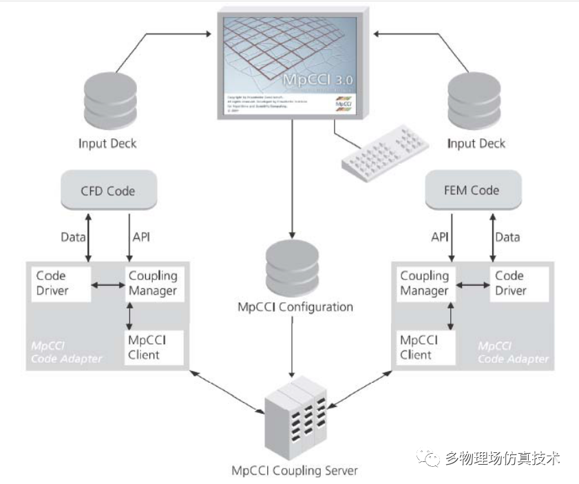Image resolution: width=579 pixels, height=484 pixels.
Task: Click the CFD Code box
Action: pos(108,190)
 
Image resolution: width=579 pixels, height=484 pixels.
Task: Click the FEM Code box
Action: pos(472,190)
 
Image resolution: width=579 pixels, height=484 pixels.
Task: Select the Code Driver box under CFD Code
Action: pos(60,283)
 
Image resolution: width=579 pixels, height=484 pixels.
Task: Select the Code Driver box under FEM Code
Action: pos(520,283)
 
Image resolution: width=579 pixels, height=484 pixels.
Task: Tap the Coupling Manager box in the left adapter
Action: pos(153,283)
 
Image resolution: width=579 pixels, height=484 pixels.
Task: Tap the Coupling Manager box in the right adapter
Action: pos(425,283)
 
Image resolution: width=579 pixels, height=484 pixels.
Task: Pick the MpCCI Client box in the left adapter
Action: pos(153,348)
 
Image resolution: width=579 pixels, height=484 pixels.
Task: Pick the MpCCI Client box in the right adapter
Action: pos(425,348)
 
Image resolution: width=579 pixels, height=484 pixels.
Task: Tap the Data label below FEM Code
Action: pos(507,238)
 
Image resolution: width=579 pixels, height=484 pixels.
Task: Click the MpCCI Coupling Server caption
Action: pos(294,471)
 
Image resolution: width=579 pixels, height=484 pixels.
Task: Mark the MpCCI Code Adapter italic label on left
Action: pos(65,352)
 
